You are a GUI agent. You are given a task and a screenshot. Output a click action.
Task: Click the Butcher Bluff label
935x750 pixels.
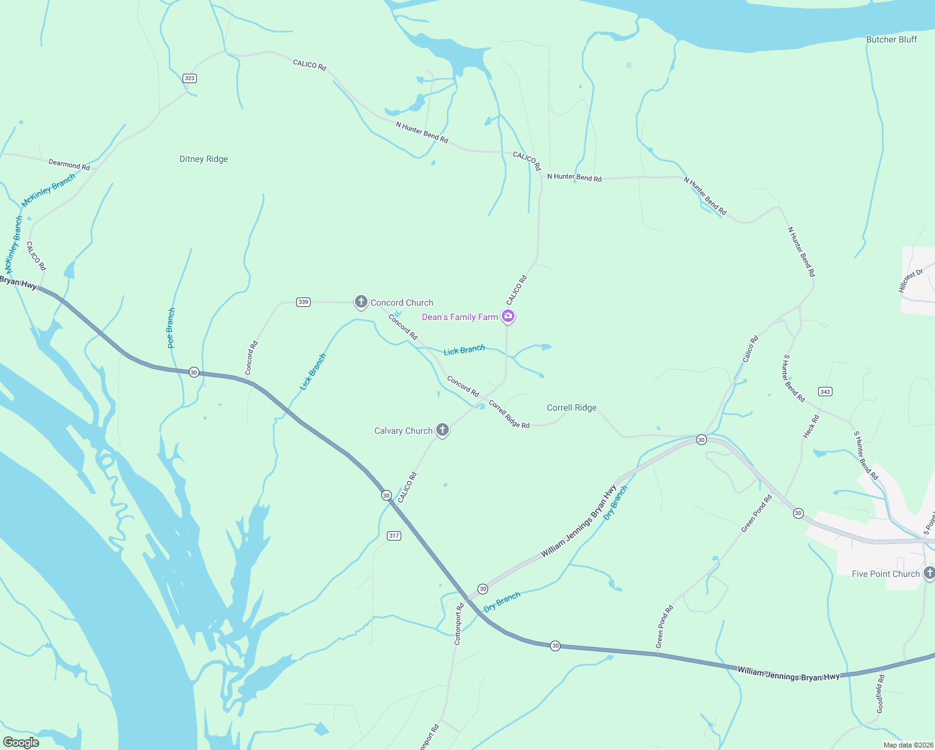pos(891,39)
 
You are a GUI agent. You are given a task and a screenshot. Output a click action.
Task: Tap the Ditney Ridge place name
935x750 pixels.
pos(204,159)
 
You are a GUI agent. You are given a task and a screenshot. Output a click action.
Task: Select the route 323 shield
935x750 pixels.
pos(189,78)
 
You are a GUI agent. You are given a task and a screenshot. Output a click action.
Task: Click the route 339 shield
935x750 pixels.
pos(303,302)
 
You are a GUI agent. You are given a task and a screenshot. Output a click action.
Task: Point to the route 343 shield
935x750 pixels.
pos(825,392)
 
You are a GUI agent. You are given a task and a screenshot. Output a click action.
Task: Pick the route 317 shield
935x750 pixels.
pos(394,536)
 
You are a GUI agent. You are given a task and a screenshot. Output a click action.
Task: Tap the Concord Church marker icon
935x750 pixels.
pos(361,302)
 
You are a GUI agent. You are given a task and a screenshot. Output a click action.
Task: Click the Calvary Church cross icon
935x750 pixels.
pos(442,430)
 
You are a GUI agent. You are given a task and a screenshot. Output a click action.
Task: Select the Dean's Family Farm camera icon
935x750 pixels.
pos(509,316)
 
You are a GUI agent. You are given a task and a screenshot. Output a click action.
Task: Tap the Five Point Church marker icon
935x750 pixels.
pos(929,572)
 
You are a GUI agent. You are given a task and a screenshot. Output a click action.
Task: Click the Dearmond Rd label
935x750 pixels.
pos(69,165)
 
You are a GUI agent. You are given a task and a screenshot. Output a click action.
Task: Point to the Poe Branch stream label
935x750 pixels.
pos(171,328)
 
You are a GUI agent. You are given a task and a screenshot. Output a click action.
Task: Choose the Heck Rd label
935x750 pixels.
pos(811,426)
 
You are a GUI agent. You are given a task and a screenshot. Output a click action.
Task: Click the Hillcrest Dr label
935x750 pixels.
pos(911,281)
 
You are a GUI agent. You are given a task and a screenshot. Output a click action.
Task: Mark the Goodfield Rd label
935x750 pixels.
pos(880,694)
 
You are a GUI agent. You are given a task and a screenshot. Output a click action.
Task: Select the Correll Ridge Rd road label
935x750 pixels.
pos(509,414)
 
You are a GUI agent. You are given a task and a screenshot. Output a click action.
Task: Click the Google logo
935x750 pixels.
pos(21,742)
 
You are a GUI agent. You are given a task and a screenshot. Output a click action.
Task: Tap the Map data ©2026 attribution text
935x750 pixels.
pos(906,745)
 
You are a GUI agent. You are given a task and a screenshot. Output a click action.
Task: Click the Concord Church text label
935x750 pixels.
pos(402,302)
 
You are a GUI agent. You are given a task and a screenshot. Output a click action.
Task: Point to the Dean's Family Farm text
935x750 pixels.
pos(459,317)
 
